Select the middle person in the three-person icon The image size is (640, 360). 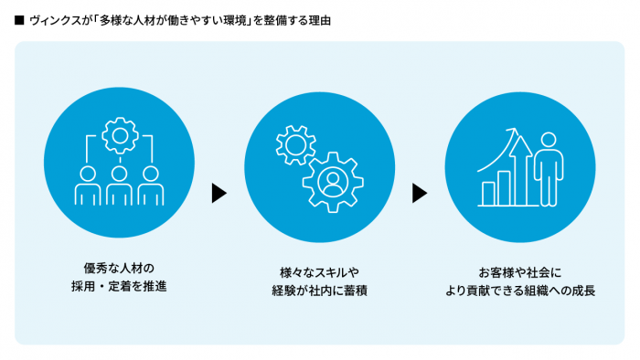tap(119, 186)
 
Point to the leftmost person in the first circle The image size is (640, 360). tap(89, 186)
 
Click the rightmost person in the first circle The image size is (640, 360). tap(149, 186)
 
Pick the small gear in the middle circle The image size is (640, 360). tap(294, 144)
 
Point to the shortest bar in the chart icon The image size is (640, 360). tap(489, 193)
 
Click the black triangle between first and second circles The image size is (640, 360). tap(219, 193)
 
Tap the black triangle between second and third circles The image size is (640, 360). tap(420, 193)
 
